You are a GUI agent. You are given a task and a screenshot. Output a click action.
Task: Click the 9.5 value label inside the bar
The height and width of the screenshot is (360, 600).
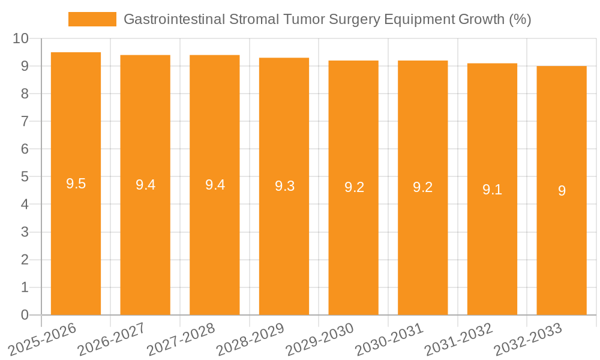tap(76, 184)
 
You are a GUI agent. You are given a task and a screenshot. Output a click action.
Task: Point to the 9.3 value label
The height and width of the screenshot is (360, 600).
tap(284, 186)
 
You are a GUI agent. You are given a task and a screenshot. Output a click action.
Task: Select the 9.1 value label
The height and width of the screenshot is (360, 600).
tap(492, 190)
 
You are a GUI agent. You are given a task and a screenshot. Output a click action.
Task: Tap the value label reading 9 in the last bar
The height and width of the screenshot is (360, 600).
tap(562, 191)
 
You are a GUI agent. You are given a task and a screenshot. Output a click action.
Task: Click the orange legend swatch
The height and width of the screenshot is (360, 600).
tap(92, 19)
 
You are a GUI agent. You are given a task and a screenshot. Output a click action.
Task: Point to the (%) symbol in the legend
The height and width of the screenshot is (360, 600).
tap(520, 19)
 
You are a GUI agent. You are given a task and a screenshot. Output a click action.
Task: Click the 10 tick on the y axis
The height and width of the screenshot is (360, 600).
tap(21, 38)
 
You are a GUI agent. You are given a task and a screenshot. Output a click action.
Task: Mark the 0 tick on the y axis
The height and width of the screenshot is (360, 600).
tap(25, 315)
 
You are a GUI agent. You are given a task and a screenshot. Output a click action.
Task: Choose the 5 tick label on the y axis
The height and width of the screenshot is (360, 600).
tap(25, 177)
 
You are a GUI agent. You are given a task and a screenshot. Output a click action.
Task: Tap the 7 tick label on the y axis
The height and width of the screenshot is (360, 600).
tap(25, 121)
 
